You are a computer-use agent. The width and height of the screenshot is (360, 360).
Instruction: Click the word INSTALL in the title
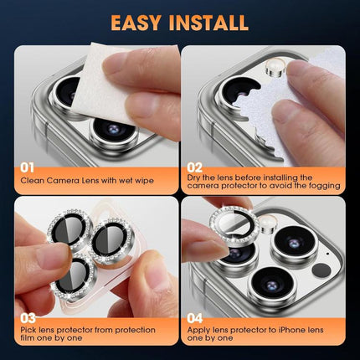coord(208,22)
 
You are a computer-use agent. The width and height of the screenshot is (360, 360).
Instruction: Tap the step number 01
coord(28,166)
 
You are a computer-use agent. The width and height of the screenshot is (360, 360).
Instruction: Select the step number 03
coord(28,318)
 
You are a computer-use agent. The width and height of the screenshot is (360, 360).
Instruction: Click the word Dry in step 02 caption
coord(195,177)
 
